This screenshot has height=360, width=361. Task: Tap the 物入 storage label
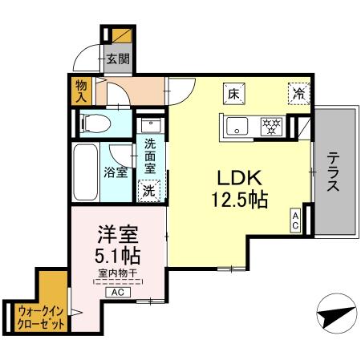point(81,91)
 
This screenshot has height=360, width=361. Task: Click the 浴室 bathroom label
point(116,172)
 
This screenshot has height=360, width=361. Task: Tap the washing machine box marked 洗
point(148,190)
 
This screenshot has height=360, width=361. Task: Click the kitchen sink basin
point(238,126)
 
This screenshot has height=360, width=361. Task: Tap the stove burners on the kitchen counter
point(271,126)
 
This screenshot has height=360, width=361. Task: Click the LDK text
point(234,177)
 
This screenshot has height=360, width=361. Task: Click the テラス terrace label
point(332,171)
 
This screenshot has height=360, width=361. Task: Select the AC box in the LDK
point(295,221)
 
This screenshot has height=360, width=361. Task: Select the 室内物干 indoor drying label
point(116,276)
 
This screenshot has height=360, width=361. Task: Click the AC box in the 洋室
point(116,292)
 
